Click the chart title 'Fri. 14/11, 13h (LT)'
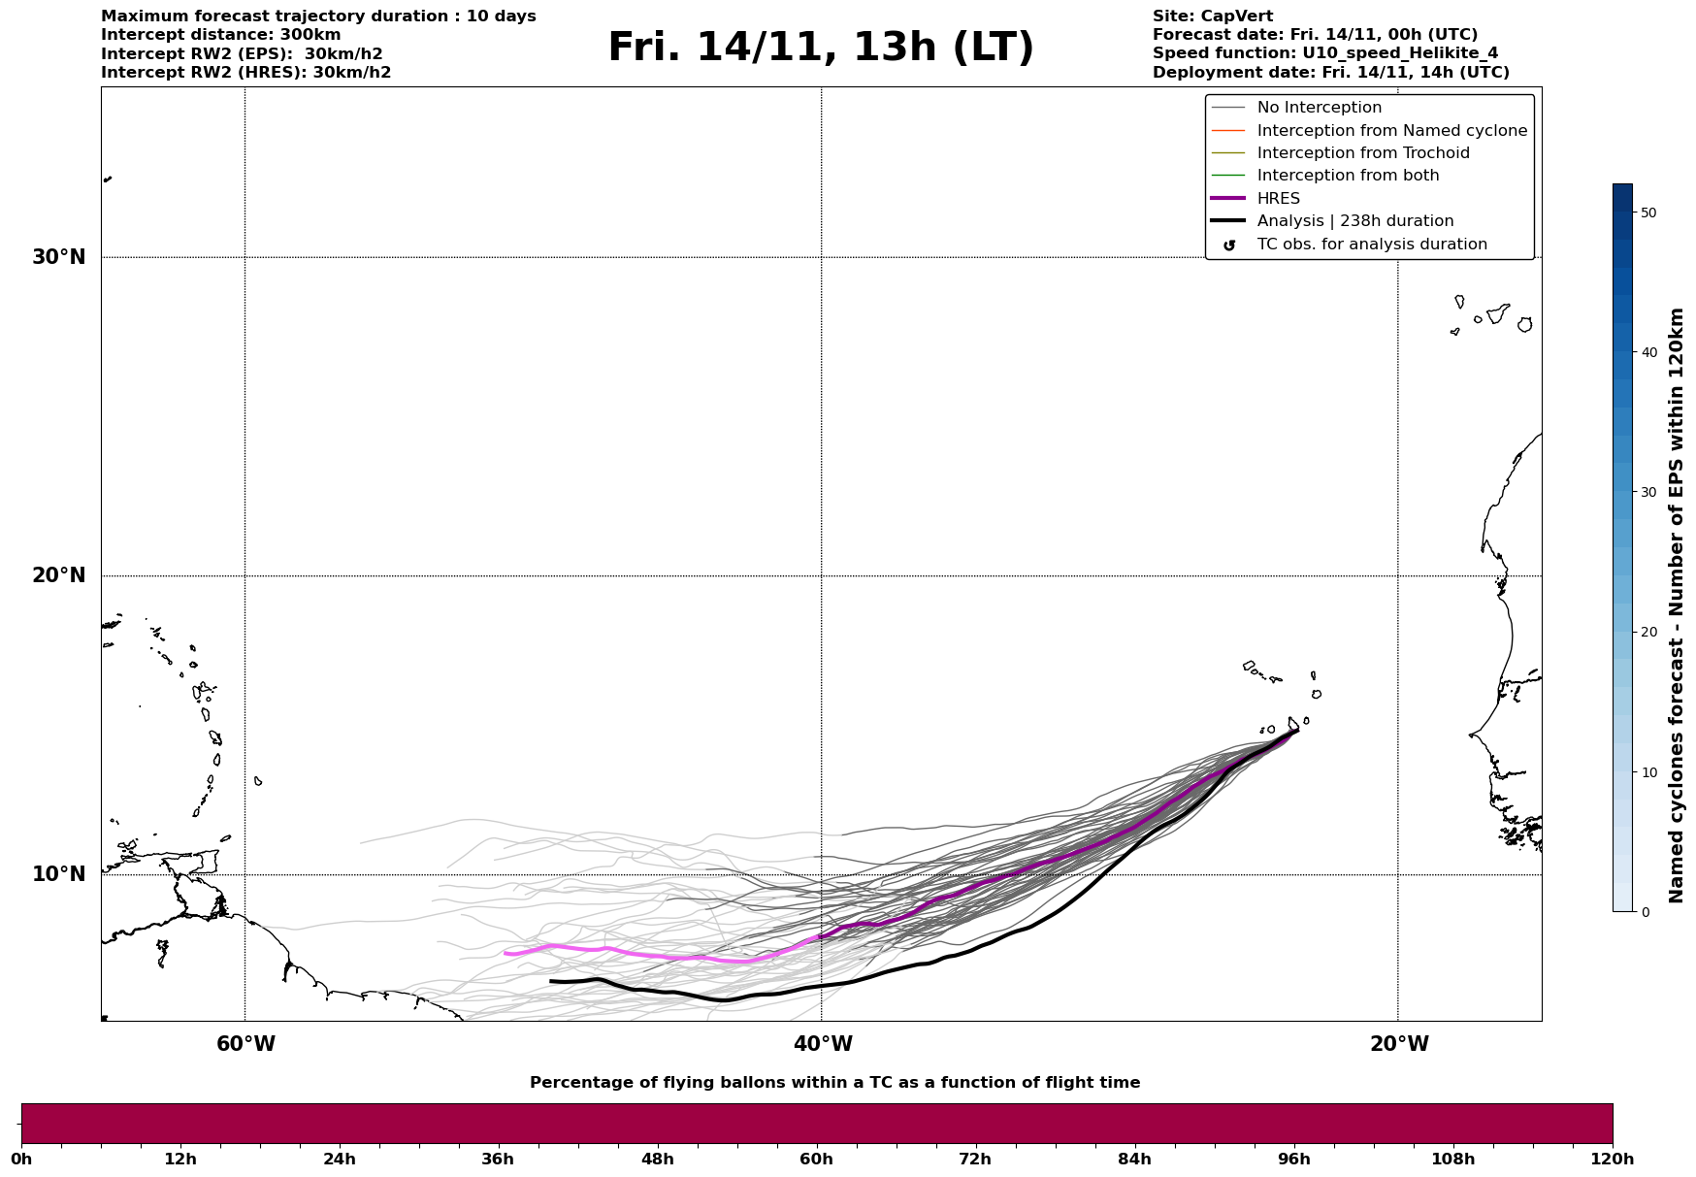coord(821,48)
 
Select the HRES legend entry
coord(1278,199)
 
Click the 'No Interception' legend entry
coord(1319,108)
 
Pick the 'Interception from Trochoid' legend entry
coord(1362,153)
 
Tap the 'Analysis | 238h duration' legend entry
coord(1354,221)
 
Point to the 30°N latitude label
coord(58,257)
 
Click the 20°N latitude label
coord(58,575)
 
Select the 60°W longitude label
coord(245,1044)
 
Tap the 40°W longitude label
coord(823,1044)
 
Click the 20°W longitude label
coord(1398,1044)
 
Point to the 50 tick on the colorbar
coord(1647,213)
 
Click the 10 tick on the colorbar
coord(1647,772)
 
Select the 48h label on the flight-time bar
coord(657,1159)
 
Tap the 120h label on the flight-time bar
coord(1613,1159)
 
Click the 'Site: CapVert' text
coord(1212,16)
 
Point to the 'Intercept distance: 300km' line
coord(220,35)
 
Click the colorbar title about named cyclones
coord(1676,605)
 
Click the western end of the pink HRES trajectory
coord(506,953)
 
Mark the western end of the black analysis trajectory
coord(551,981)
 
